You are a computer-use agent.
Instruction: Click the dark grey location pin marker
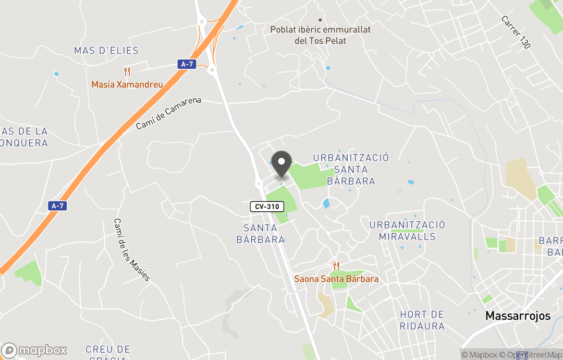click(x=282, y=164)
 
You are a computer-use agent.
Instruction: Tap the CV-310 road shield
click(x=267, y=207)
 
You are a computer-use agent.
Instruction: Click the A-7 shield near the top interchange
click(x=186, y=64)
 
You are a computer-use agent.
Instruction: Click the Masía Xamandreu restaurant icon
click(x=127, y=71)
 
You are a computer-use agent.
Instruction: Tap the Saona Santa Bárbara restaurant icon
click(x=336, y=266)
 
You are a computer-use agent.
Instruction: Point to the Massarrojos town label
click(x=518, y=316)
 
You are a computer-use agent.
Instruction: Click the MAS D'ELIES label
click(x=106, y=51)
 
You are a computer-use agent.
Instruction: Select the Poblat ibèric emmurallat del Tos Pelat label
click(x=320, y=35)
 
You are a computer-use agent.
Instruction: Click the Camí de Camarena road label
click(x=168, y=113)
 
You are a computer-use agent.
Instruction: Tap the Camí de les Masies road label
click(x=132, y=249)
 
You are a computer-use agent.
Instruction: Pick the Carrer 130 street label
click(x=516, y=32)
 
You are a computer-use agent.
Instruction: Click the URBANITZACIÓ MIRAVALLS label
click(x=407, y=231)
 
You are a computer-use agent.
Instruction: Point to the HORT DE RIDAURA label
click(x=422, y=320)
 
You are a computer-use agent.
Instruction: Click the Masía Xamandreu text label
click(x=127, y=85)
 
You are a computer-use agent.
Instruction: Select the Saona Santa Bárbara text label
click(x=336, y=279)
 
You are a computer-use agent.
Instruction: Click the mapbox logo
click(x=34, y=350)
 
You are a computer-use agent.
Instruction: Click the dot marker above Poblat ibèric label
click(x=320, y=20)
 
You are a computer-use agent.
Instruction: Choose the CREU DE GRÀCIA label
click(x=108, y=352)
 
